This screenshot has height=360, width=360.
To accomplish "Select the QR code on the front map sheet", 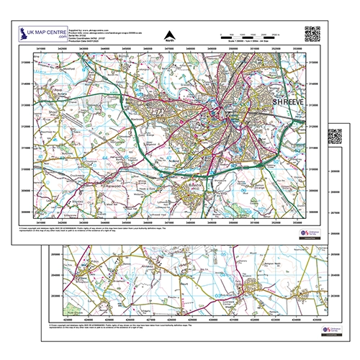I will (311, 33).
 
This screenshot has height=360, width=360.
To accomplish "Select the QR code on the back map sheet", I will (336, 136).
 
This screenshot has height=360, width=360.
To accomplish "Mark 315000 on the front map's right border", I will (312, 62).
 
